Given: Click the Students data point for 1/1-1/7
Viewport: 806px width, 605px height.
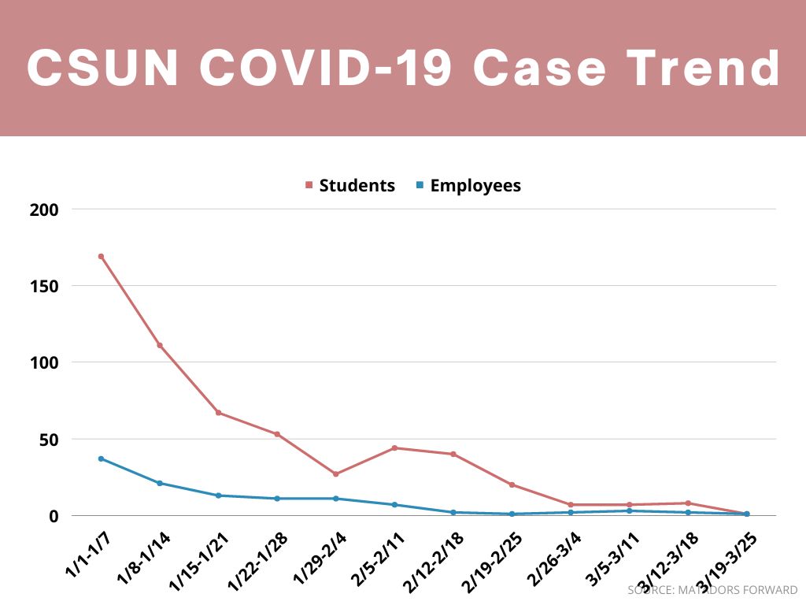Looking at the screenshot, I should pyautogui.click(x=101, y=256).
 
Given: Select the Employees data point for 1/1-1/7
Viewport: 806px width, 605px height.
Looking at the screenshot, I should pyautogui.click(x=101, y=458).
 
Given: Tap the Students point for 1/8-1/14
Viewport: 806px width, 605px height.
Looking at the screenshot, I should pyautogui.click(x=160, y=345).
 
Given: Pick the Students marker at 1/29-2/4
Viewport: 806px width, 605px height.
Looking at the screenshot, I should pyautogui.click(x=336, y=474).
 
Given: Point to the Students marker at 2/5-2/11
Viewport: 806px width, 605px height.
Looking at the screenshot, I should pyautogui.click(x=394, y=448).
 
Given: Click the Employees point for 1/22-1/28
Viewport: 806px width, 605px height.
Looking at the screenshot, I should pyautogui.click(x=277, y=499).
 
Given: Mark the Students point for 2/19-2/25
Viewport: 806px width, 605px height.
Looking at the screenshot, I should pyautogui.click(x=512, y=485).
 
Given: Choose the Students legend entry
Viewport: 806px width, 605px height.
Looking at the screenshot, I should pyautogui.click(x=349, y=186).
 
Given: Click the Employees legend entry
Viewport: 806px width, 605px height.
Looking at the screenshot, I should pyautogui.click(x=468, y=186).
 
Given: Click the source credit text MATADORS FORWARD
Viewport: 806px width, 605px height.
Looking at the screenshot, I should pyautogui.click(x=740, y=590).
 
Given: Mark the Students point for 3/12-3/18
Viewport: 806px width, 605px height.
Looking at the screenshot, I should pyautogui.click(x=688, y=503).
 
